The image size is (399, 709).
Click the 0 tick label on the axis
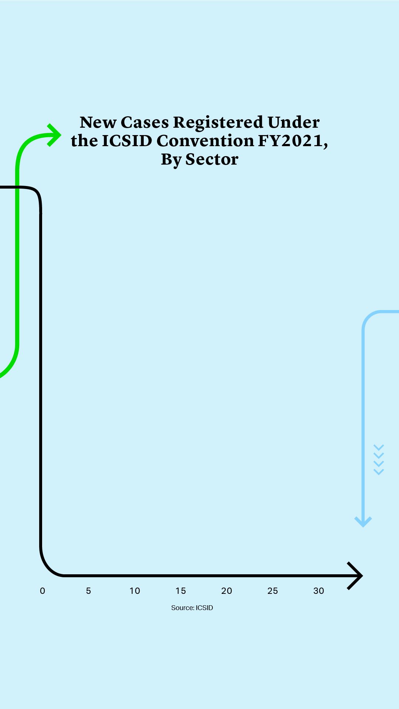pyautogui.click(x=42, y=591)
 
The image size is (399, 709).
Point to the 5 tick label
pyautogui.click(x=88, y=591)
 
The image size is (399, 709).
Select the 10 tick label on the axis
pyautogui.click(x=134, y=591)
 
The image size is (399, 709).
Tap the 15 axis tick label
pyautogui.click(x=181, y=591)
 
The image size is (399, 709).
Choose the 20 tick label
pyautogui.click(x=226, y=591)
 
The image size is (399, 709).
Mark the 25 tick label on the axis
pyautogui.click(x=273, y=591)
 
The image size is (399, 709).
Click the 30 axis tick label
pyautogui.click(x=318, y=591)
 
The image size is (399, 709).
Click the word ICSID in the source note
pyautogui.click(x=204, y=608)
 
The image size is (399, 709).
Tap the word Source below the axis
pyautogui.click(x=182, y=608)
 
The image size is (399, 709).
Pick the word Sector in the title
pyautogui.click(x=212, y=159)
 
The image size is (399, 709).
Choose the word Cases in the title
pyautogui.click(x=145, y=123)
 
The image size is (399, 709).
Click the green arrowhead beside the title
pyautogui.click(x=55, y=135)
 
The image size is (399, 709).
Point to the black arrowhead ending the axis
pyautogui.click(x=355, y=576)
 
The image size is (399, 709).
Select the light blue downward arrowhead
pyautogui.click(x=363, y=522)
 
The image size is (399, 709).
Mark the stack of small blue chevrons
pyautogui.click(x=379, y=460)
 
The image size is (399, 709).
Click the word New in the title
pyautogui.click(x=98, y=123)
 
